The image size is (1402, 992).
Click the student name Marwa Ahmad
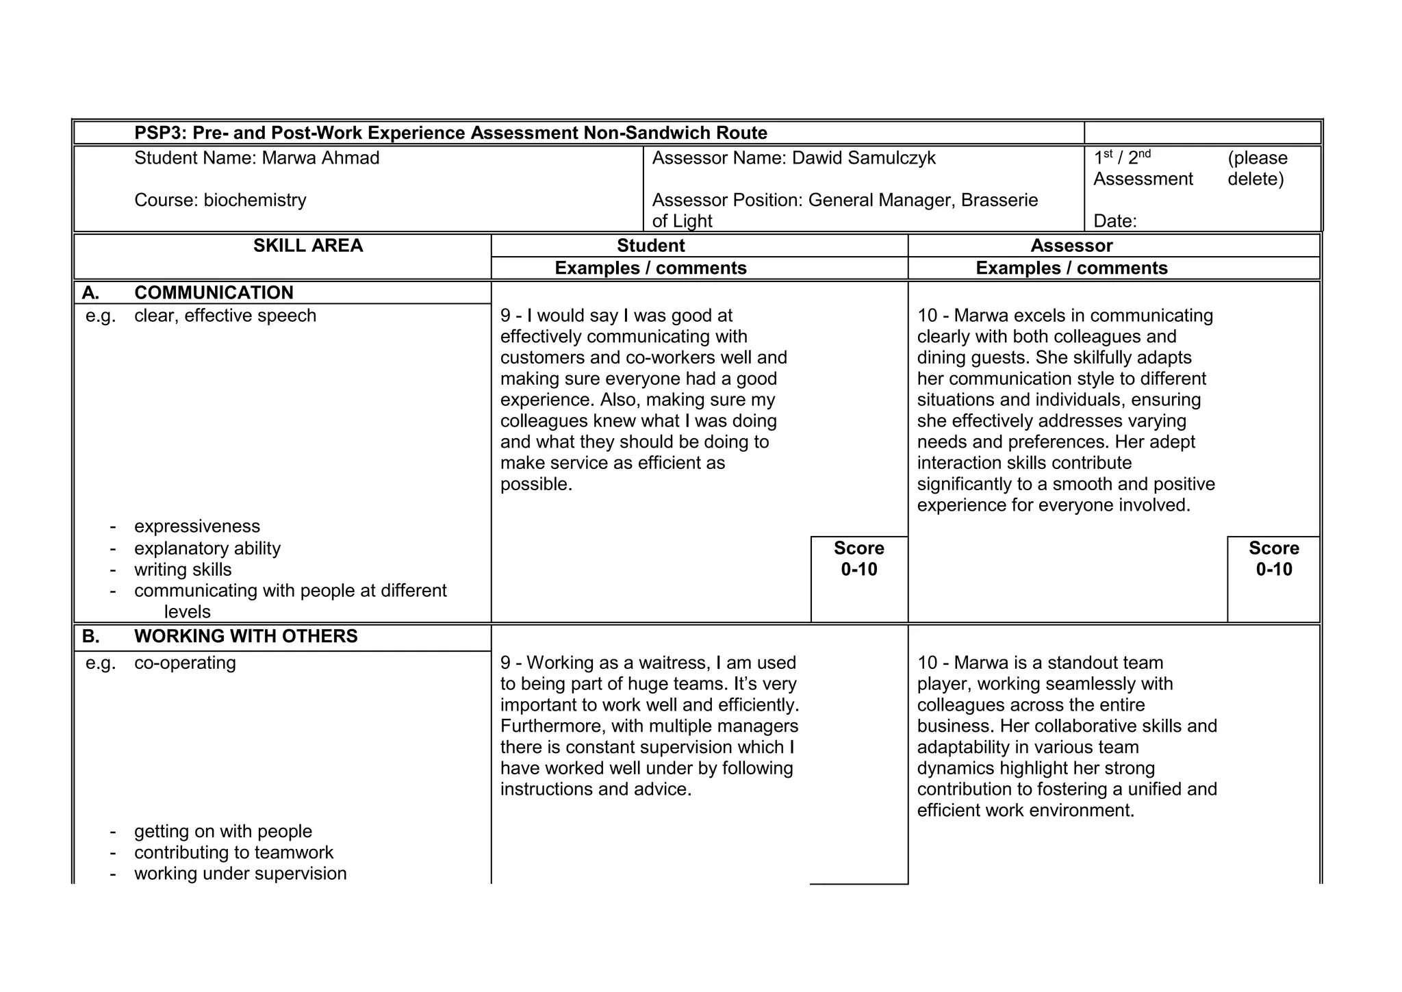(320, 158)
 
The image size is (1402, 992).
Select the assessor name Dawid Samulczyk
(863, 158)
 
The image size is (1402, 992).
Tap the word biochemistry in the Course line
(255, 200)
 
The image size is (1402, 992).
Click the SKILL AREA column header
(308, 246)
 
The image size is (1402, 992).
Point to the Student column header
(650, 246)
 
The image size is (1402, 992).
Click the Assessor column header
(1071, 246)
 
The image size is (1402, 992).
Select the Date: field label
(1114, 221)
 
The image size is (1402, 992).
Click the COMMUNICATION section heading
(214, 292)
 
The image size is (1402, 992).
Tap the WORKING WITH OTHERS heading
(246, 636)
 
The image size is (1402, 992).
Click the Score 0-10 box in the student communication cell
(858, 559)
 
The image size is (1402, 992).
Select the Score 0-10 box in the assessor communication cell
(1273, 559)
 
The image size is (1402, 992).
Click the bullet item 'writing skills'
(183, 570)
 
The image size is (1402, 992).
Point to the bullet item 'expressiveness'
(197, 526)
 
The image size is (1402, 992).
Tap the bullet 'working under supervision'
(240, 874)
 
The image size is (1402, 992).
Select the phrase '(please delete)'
(1257, 168)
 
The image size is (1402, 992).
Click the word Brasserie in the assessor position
(999, 200)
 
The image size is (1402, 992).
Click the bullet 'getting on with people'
(223, 831)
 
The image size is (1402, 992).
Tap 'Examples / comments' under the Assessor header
(1071, 268)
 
